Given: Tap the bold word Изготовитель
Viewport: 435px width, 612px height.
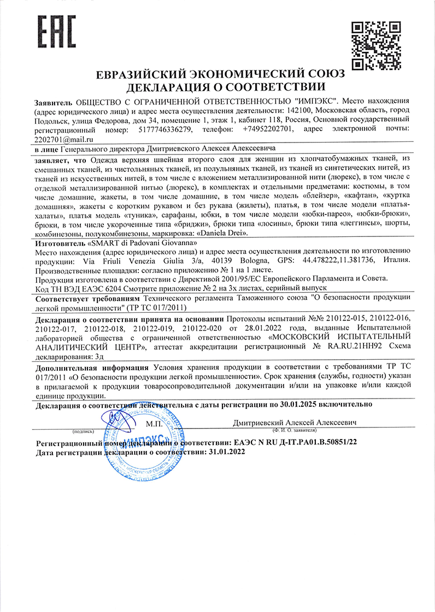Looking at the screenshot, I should coord(60,242).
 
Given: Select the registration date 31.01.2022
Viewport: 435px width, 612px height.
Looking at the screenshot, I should coord(226,453).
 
